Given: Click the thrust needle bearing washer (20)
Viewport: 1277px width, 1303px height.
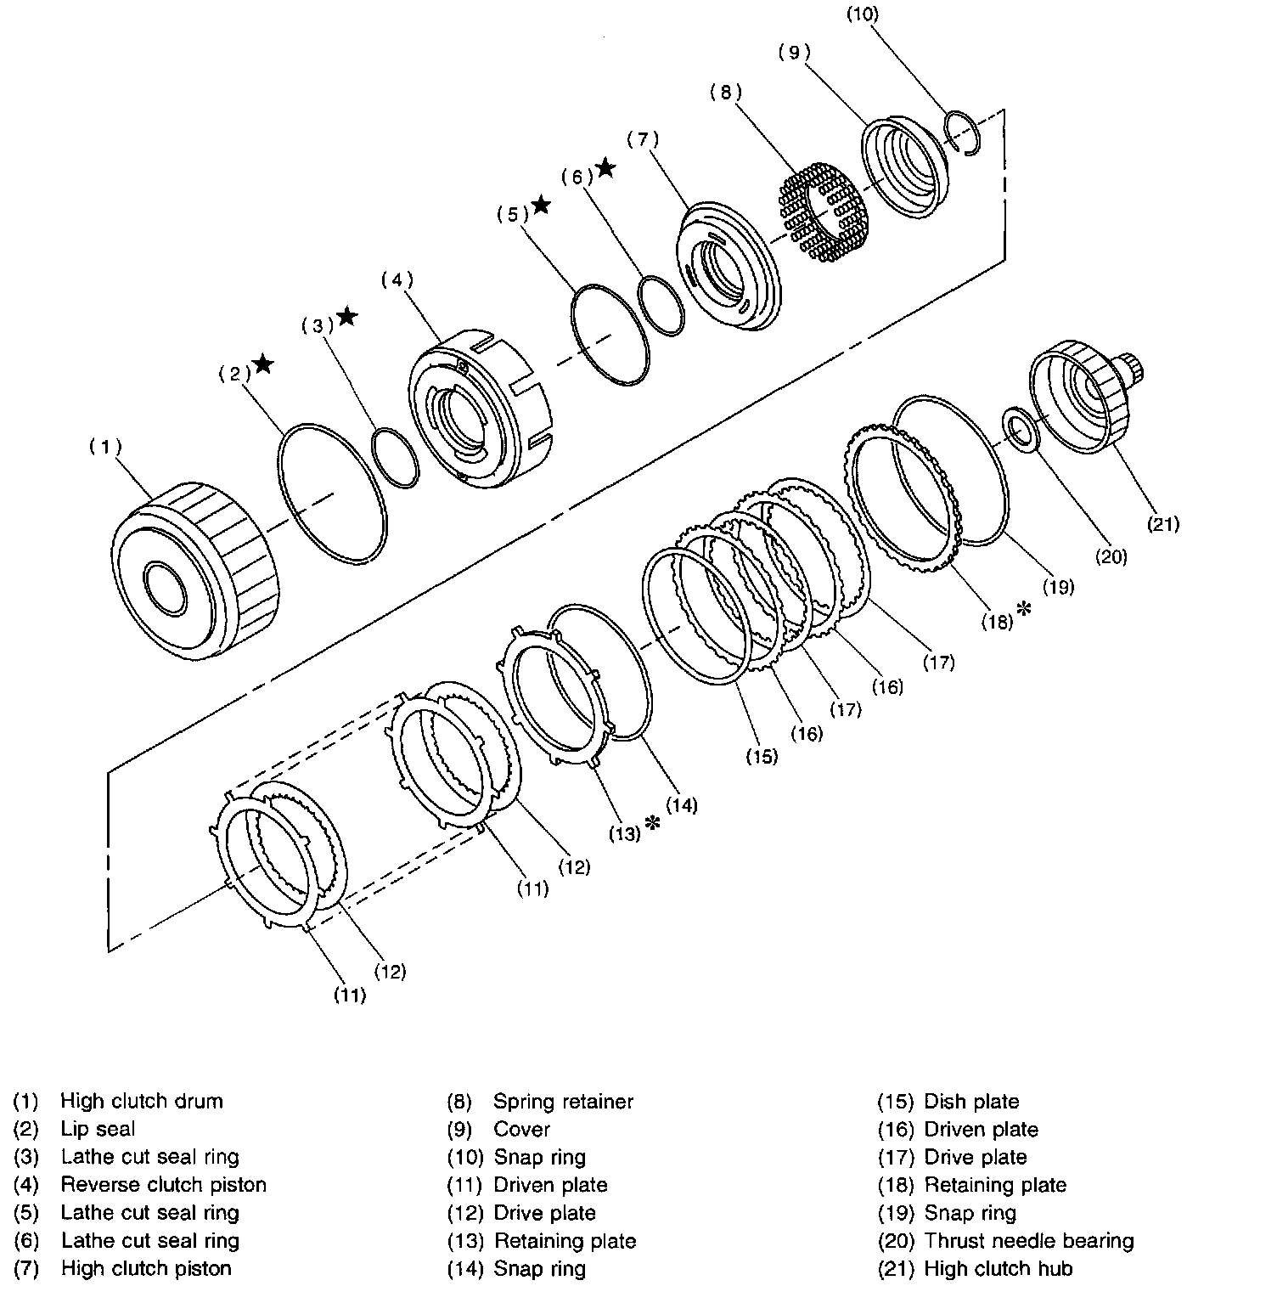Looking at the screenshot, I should pyautogui.click(x=1021, y=429).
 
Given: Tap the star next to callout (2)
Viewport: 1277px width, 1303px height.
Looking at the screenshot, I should pyautogui.click(x=263, y=364).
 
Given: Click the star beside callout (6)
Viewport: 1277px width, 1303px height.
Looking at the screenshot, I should pyautogui.click(x=605, y=168).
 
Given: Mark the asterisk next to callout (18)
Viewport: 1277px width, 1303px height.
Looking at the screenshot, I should pyautogui.click(x=1024, y=608).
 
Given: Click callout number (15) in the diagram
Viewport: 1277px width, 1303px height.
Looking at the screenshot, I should pyautogui.click(x=762, y=756).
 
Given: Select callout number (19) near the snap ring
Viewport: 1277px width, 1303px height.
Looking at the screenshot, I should pyautogui.click(x=1058, y=586).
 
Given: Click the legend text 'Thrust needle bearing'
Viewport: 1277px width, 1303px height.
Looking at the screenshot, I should pyautogui.click(x=1028, y=1241).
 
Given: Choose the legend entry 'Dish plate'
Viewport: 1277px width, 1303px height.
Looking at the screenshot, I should pyautogui.click(x=971, y=1102).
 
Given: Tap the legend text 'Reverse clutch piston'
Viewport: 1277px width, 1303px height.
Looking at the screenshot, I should pyautogui.click(x=163, y=1185).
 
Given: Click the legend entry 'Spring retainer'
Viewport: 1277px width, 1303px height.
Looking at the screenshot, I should pyautogui.click(x=563, y=1102).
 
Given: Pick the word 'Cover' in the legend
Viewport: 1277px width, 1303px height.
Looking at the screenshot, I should pyautogui.click(x=521, y=1130).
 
